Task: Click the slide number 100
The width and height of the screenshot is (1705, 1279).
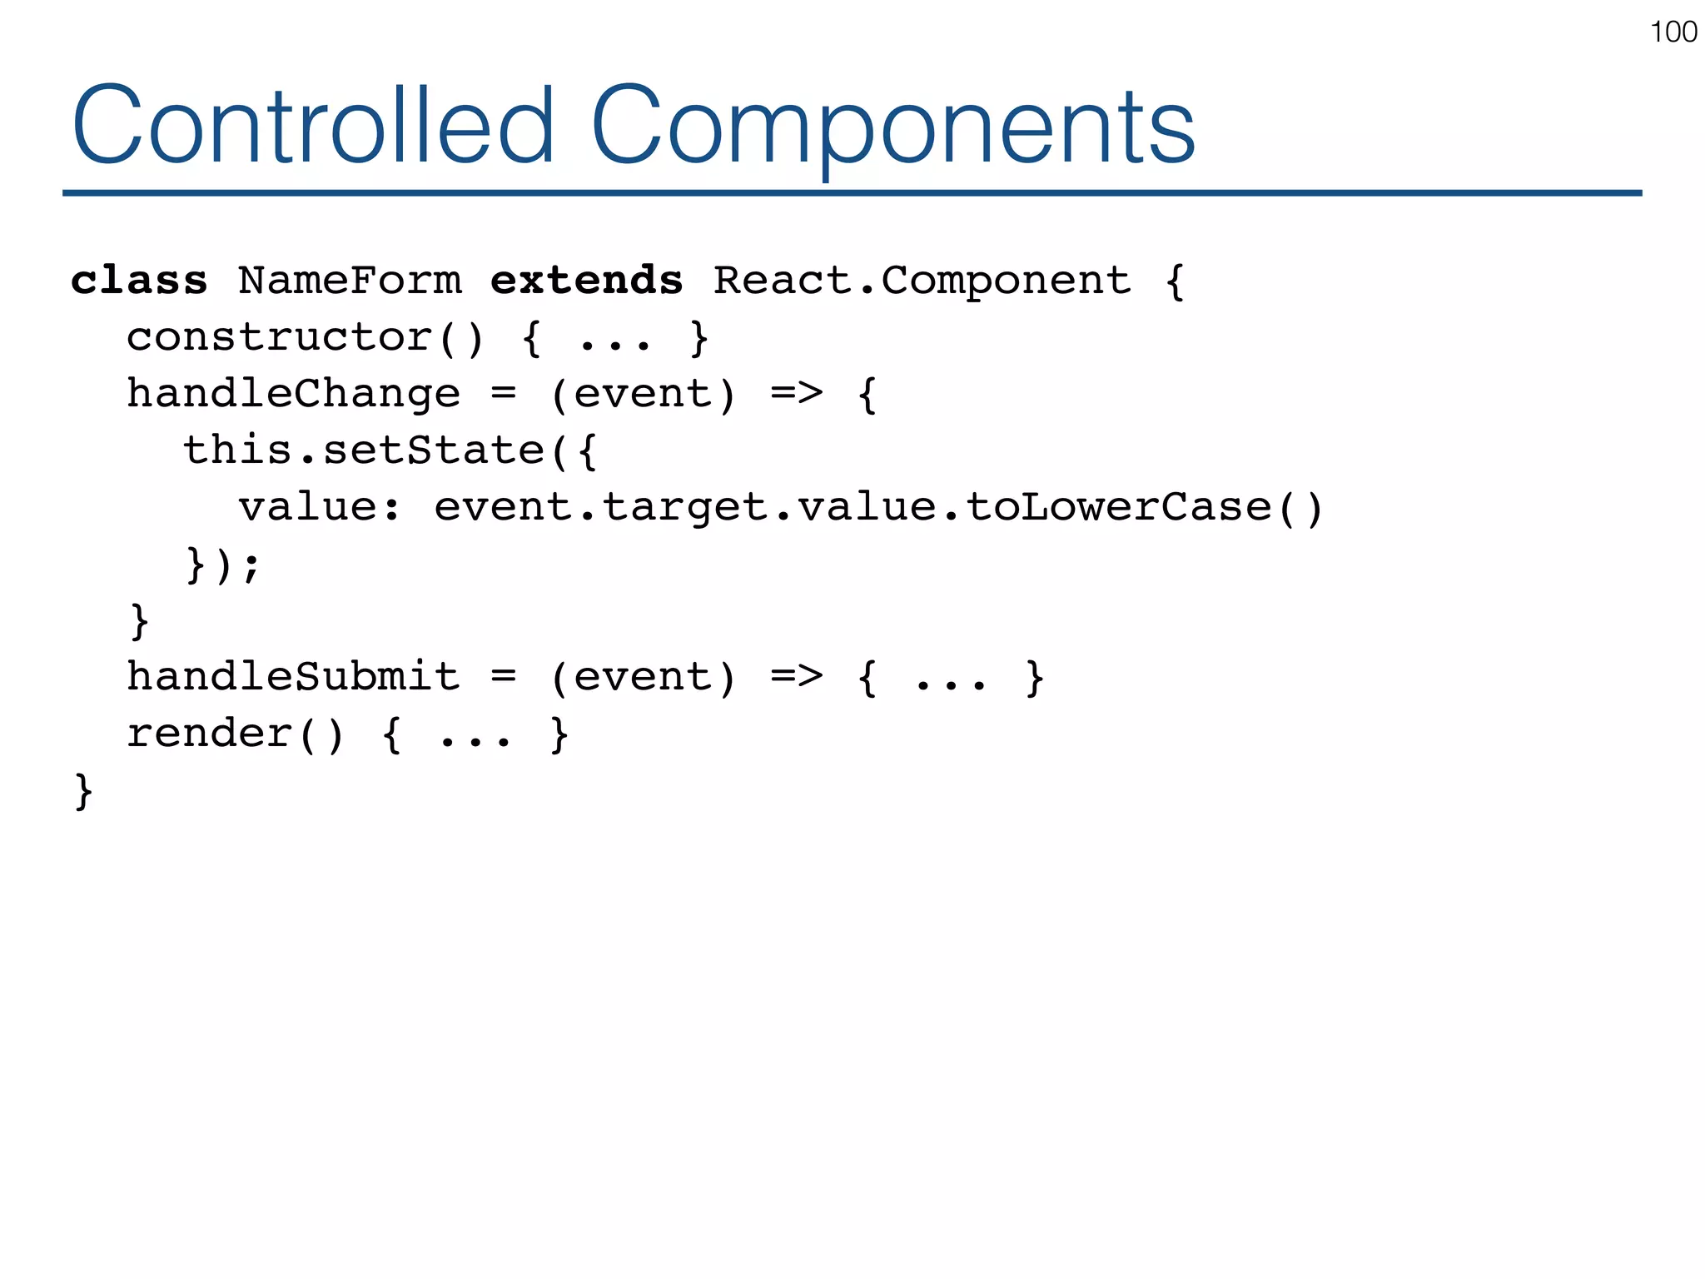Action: (x=1673, y=32)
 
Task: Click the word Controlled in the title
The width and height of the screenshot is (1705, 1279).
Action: (x=313, y=127)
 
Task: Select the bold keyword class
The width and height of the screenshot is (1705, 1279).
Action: (x=139, y=281)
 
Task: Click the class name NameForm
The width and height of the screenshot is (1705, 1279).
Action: (x=350, y=281)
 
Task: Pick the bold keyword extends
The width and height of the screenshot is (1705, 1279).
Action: (x=586, y=281)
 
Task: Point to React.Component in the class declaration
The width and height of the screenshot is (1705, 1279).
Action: (x=922, y=281)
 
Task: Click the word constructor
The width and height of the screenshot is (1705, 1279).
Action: (x=279, y=337)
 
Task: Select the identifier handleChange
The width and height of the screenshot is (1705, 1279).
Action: (x=293, y=394)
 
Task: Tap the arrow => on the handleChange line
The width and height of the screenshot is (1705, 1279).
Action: (x=797, y=394)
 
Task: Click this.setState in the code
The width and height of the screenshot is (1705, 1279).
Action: (x=363, y=450)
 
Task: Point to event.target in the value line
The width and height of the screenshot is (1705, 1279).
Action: (x=600, y=507)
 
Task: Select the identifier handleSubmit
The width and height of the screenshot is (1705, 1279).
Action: (x=293, y=676)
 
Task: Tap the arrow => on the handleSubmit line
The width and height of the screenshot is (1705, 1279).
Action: (x=797, y=676)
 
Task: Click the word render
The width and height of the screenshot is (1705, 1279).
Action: (x=209, y=734)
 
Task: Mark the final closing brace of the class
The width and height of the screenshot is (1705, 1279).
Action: (x=83, y=791)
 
